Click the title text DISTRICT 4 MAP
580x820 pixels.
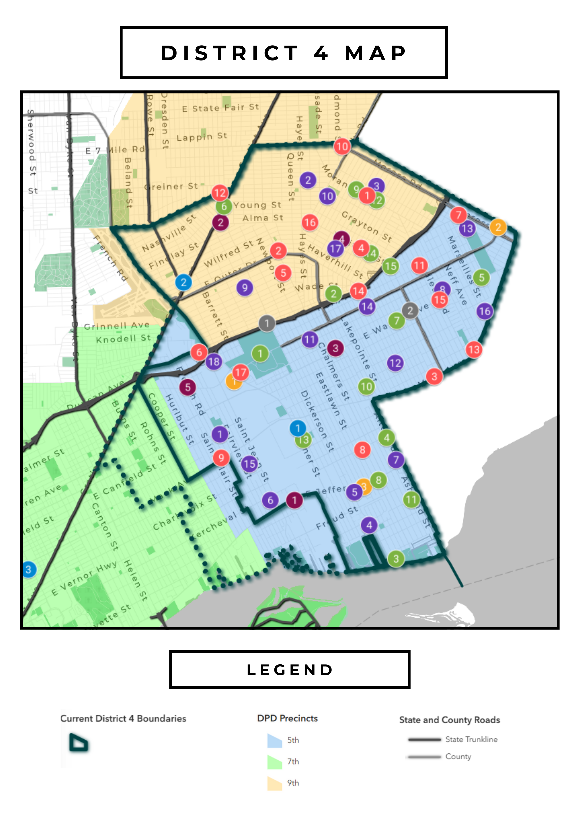[x=284, y=53]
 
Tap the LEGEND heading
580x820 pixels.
[x=290, y=670]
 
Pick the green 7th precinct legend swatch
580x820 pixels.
[x=274, y=762]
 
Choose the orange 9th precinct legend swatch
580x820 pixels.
[x=274, y=783]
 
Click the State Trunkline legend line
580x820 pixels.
[x=425, y=739]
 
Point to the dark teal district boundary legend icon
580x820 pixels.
[x=79, y=743]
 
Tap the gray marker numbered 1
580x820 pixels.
[x=267, y=324]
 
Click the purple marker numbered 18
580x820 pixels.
[x=214, y=362]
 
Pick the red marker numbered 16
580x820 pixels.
[x=310, y=222]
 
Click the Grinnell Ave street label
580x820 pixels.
[x=117, y=325]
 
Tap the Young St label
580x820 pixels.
[x=257, y=205]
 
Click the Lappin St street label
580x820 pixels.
[x=202, y=137]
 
